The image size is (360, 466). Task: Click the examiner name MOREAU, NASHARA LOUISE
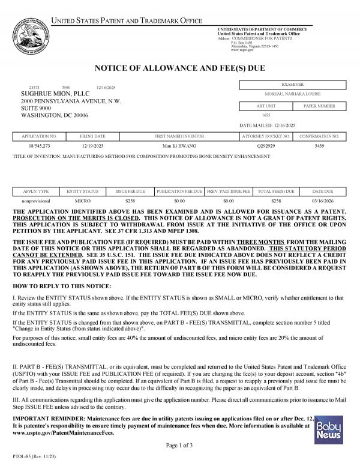[x=292, y=94]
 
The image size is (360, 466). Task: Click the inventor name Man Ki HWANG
[x=179, y=146]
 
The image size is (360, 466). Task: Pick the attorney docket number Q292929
[x=266, y=146]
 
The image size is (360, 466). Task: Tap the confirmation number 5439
[x=319, y=146]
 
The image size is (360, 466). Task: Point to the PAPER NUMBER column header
[x=319, y=106]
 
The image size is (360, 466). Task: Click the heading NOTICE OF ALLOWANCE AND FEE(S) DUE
[x=179, y=69]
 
